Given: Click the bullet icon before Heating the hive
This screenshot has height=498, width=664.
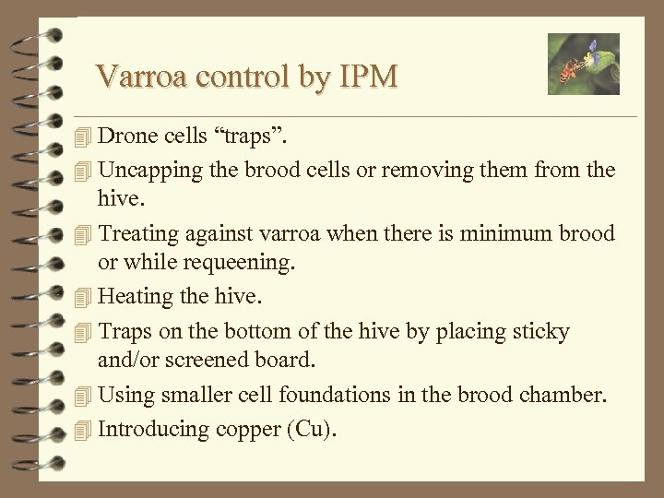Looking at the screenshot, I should (x=85, y=298).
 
